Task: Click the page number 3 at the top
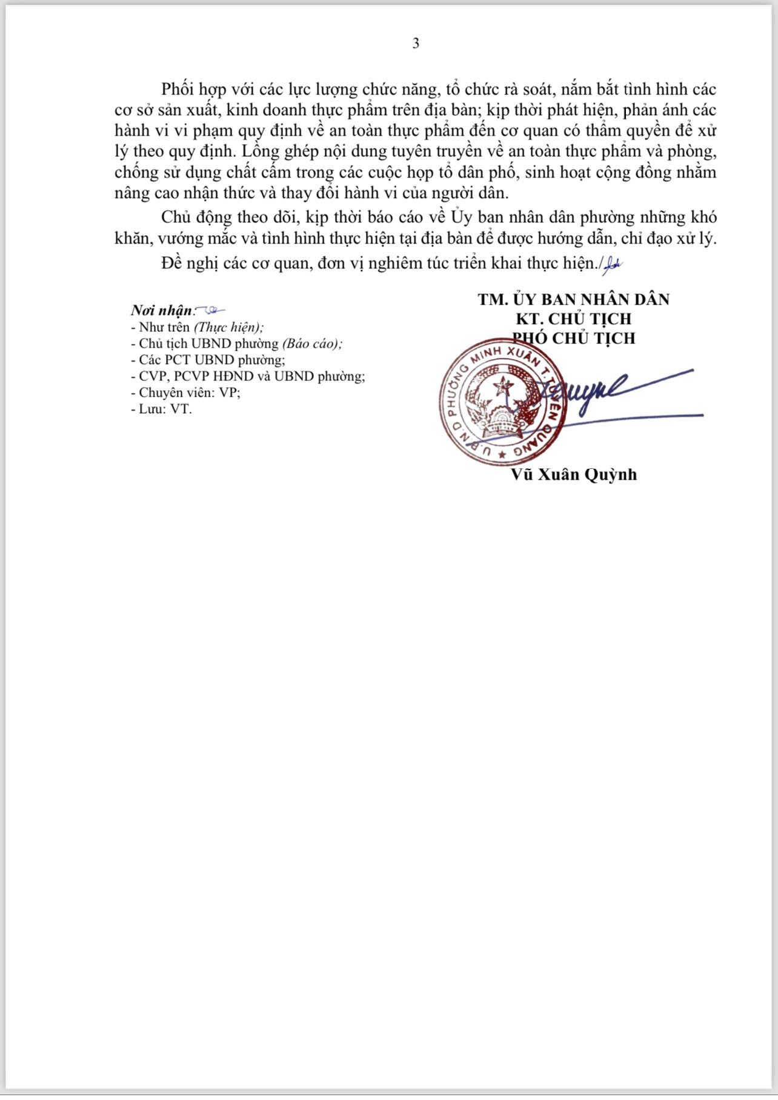416,44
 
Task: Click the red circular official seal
502,402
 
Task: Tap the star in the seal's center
502,385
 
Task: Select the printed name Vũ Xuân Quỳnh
573,474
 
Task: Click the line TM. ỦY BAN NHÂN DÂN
573,299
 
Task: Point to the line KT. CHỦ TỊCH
573,319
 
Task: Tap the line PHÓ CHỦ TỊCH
573,338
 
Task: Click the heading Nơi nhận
161,311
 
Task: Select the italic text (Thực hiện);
228,327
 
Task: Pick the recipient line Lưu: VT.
161,409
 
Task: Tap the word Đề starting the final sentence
172,263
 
